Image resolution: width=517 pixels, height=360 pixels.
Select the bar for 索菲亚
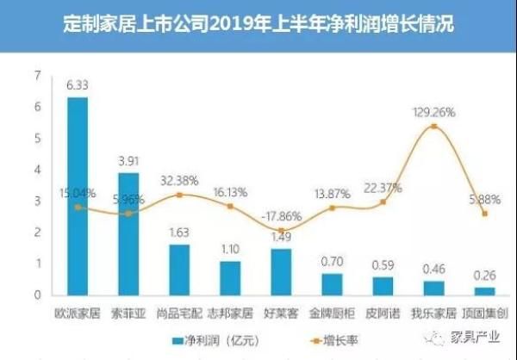[128, 233]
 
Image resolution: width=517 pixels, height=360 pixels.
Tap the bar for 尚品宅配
[179, 270]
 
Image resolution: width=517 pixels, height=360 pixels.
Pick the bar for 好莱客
[281, 271]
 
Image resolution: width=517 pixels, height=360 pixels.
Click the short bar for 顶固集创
[484, 291]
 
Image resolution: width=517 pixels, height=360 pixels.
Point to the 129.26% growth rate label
[433, 113]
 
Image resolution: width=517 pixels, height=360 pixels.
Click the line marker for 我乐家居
[433, 127]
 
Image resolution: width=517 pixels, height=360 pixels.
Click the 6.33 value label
[78, 85]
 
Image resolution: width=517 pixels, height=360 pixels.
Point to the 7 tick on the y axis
[38, 76]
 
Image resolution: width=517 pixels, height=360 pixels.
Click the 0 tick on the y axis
[38, 295]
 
